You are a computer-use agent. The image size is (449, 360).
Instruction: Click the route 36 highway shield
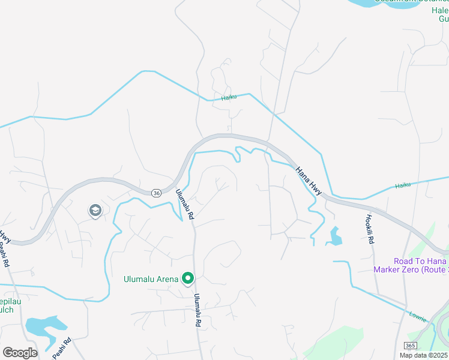pos(157,193)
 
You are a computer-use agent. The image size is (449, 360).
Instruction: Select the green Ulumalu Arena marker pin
pos(188,277)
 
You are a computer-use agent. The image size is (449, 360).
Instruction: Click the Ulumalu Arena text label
pos(151,278)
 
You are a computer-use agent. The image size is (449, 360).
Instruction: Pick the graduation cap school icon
pos(95,211)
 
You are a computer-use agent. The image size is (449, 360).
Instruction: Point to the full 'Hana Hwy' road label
pos(309,180)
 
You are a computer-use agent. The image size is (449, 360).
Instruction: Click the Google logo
pos(20,352)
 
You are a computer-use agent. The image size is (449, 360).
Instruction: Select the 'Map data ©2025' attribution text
pos(424,355)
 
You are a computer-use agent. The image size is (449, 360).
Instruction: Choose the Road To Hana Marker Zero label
pos(421,265)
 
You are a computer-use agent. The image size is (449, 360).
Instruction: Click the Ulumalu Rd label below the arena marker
pos(197,310)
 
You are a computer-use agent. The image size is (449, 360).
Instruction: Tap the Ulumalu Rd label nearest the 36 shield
pos(184,205)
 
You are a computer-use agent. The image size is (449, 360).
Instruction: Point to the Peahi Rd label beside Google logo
pos(62,349)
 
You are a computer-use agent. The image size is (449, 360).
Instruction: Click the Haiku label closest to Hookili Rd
pos(404,185)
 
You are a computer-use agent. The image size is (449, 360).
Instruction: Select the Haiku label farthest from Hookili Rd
pos(229,97)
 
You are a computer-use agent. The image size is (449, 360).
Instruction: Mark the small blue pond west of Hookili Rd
pos(335,236)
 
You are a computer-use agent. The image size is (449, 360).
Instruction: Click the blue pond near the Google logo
pos(44,326)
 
